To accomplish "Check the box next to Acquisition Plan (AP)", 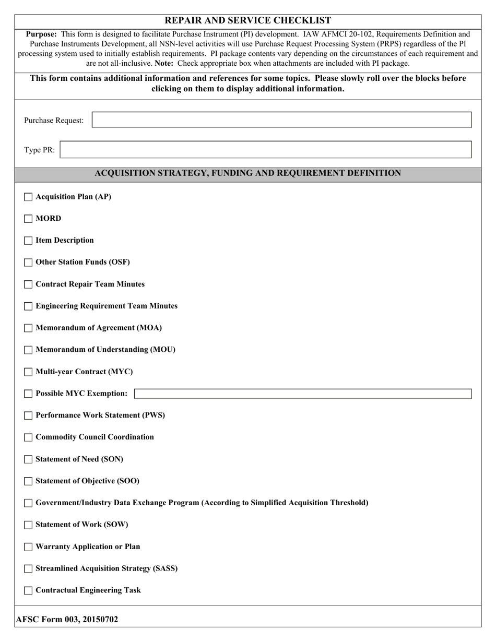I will [x=28, y=197].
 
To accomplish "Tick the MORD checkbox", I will [x=28, y=219].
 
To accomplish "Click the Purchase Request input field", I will [x=281, y=120].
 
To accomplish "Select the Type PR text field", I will [x=266, y=150].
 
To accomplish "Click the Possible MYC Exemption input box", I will [x=303, y=394].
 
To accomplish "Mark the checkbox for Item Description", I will [x=28, y=241].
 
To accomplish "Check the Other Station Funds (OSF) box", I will [x=28, y=263].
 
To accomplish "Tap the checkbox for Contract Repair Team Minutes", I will [x=28, y=284].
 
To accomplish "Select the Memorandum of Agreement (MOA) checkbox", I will [x=28, y=328].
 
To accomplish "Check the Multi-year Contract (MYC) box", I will [x=28, y=372].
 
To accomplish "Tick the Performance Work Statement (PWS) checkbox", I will [x=28, y=416].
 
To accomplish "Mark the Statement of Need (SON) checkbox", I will [x=28, y=460].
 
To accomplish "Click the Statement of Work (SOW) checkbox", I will [x=28, y=525].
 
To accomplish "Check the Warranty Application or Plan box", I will [x=28, y=547].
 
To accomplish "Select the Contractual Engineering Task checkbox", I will [x=28, y=591].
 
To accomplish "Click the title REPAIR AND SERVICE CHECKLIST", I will [x=247, y=20].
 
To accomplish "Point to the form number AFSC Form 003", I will [x=67, y=620].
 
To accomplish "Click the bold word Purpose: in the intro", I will [x=41, y=34].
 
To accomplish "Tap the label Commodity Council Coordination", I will [x=95, y=437].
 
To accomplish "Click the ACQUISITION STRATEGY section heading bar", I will [x=247, y=173].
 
